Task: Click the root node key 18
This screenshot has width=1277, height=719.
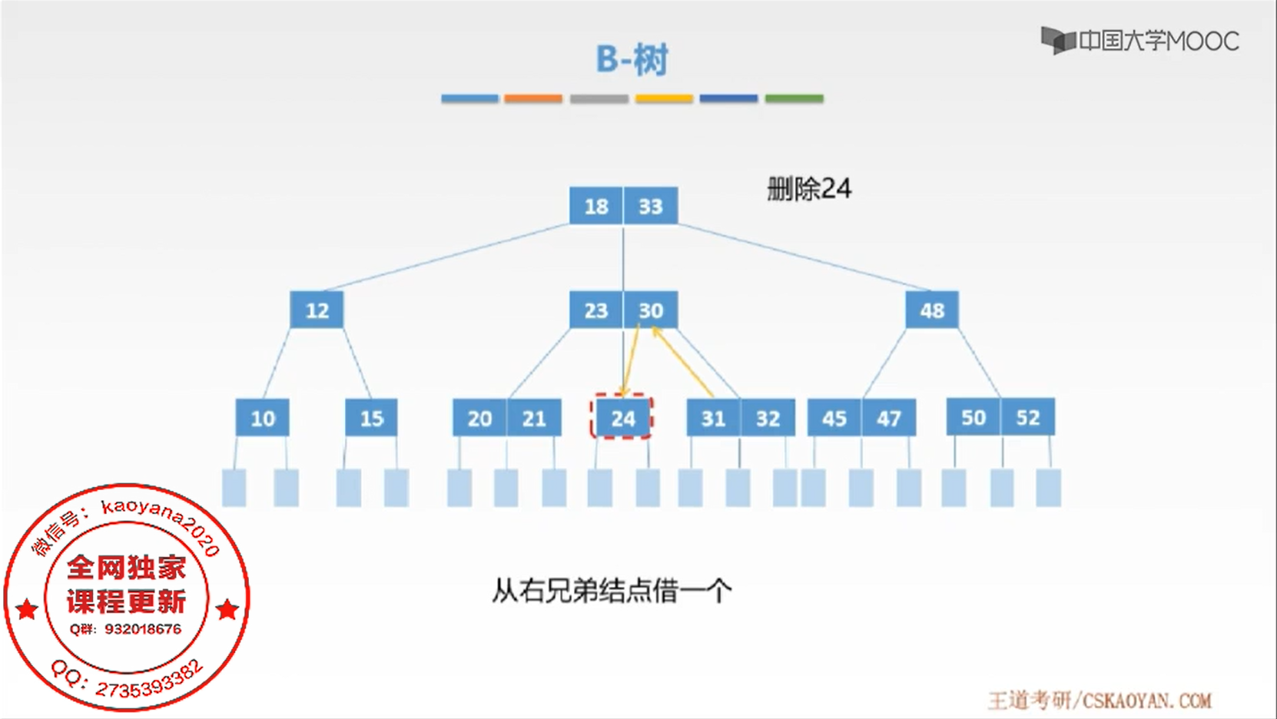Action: (596, 206)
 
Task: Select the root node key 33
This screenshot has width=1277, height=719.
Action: (651, 206)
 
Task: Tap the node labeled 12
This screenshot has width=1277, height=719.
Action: (317, 310)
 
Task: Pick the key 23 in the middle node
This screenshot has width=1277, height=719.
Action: (596, 310)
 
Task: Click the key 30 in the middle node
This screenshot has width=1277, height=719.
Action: (651, 310)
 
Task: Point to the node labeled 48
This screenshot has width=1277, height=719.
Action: (932, 310)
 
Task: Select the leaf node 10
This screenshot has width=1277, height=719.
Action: (263, 418)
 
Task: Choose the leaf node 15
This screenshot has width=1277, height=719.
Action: (371, 418)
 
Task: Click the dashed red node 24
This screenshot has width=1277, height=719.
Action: (622, 418)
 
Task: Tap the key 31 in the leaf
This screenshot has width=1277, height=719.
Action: (713, 418)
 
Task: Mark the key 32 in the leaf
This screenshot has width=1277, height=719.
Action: (768, 418)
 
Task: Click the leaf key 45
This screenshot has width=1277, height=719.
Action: (834, 418)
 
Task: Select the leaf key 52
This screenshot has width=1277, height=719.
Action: (1028, 417)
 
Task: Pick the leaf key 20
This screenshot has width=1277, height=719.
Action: (479, 418)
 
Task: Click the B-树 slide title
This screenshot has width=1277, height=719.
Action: (632, 59)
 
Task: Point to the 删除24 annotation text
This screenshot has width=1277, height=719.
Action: (809, 189)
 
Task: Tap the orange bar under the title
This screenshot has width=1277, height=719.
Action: (533, 98)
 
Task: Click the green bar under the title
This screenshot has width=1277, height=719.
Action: (794, 98)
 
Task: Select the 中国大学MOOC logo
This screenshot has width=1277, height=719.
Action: (1140, 41)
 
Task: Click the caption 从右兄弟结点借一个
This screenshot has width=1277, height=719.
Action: (612, 591)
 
